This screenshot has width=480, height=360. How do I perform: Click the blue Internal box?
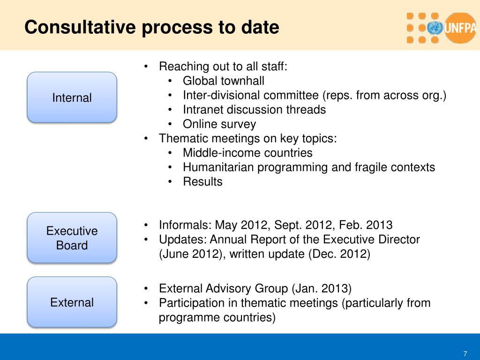(x=72, y=97)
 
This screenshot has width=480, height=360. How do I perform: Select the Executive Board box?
(x=72, y=238)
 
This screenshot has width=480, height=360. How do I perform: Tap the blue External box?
(x=72, y=302)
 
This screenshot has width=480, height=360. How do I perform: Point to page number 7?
(x=465, y=353)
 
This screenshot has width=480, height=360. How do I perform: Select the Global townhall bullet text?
(x=223, y=81)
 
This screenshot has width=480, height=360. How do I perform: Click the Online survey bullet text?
(x=219, y=124)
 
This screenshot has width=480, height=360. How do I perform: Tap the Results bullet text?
(x=202, y=182)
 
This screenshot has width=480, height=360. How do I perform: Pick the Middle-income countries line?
(x=247, y=153)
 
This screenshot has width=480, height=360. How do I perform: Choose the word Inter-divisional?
(x=221, y=95)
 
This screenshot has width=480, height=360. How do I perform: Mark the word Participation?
(x=187, y=303)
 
